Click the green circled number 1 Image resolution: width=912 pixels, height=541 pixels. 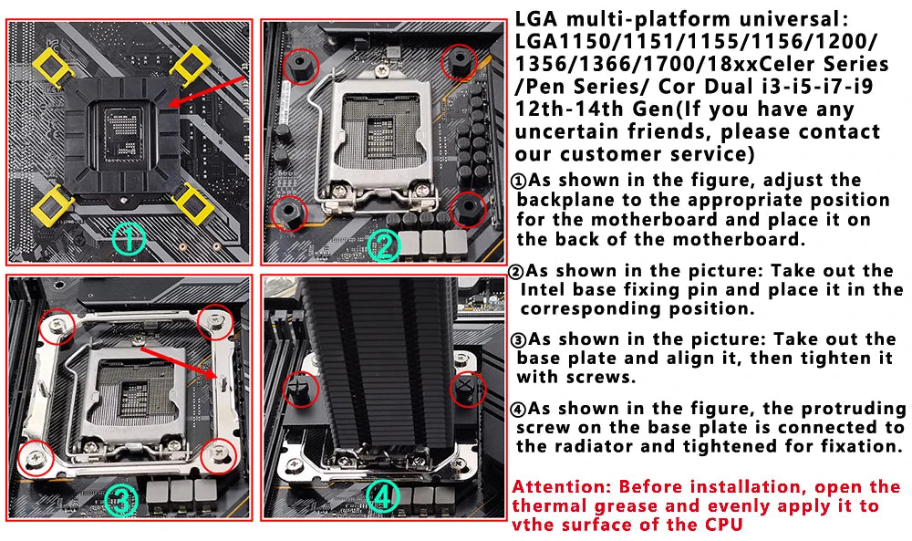[x=129, y=239]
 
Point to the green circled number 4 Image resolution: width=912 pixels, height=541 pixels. [x=383, y=496]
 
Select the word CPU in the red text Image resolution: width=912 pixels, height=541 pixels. [x=722, y=525]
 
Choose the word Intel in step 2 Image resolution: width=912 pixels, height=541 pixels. [x=545, y=290]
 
